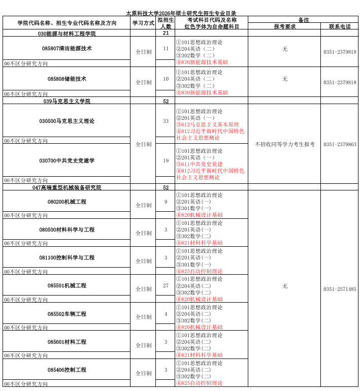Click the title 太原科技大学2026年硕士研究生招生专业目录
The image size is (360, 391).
pyautogui.click(x=181, y=13)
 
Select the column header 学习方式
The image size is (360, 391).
pyautogui.click(x=143, y=23)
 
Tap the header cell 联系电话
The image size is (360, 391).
pyautogui.click(x=339, y=26)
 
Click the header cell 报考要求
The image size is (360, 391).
pyautogui.click(x=284, y=26)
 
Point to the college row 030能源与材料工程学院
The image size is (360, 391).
pyautogui.click(x=67, y=34)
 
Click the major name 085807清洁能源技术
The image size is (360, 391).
pyautogui.click(x=67, y=49)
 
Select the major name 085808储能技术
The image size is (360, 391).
pyautogui.click(x=67, y=79)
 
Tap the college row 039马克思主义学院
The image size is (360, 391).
pyautogui.click(x=67, y=102)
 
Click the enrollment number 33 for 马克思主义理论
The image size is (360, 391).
pyautogui.click(x=166, y=121)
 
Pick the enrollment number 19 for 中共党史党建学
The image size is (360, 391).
pyautogui.click(x=166, y=160)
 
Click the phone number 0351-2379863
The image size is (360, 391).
pyautogui.click(x=340, y=145)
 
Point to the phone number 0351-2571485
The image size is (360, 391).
pyautogui.click(x=340, y=289)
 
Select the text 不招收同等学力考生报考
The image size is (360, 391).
pyautogui.click(x=284, y=145)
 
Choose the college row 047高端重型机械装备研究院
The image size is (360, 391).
pyautogui.click(x=67, y=187)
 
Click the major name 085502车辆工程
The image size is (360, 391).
pyautogui.click(x=67, y=314)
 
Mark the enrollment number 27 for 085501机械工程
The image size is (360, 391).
pyautogui.click(x=166, y=285)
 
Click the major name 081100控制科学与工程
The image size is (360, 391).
pyautogui.click(x=67, y=257)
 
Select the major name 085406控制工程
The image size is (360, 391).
pyautogui.click(x=67, y=370)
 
